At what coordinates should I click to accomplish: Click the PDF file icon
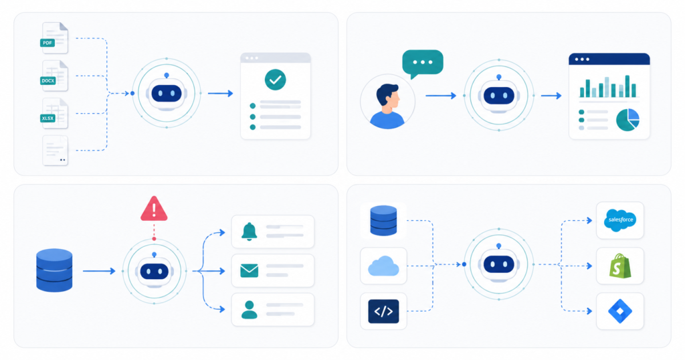pyautogui.click(x=55, y=38)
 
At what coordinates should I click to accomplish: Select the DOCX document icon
pyautogui.click(x=55, y=76)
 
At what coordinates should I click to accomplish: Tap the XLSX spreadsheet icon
pyautogui.click(x=55, y=113)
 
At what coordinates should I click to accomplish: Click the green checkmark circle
pyautogui.click(x=275, y=80)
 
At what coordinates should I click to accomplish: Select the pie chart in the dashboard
pyautogui.click(x=627, y=120)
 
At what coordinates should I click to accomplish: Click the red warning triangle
pyautogui.click(x=154, y=209)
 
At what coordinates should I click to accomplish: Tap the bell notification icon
pyautogui.click(x=250, y=232)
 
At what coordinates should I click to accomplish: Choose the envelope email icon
pyautogui.click(x=250, y=271)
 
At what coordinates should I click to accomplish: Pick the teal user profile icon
pyautogui.click(x=250, y=310)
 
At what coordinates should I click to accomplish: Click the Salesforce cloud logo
pyautogui.click(x=620, y=220)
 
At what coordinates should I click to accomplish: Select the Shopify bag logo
pyautogui.click(x=620, y=266)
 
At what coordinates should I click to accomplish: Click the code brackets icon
pyautogui.click(x=383, y=312)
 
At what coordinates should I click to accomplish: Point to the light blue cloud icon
pyautogui.click(x=383, y=266)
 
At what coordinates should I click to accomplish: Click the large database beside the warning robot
pyautogui.click(x=54, y=270)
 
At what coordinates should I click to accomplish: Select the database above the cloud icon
pyautogui.click(x=383, y=221)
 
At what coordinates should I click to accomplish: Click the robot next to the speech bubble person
pyautogui.click(x=499, y=95)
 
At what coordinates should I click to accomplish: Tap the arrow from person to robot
pyautogui.click(x=441, y=96)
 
